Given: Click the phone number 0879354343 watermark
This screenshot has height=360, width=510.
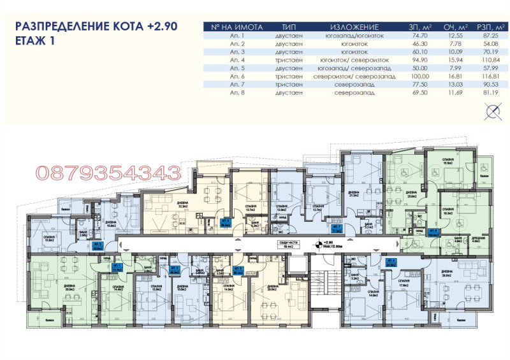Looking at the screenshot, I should [108, 172].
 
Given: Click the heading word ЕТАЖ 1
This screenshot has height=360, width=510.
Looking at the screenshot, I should [36, 40].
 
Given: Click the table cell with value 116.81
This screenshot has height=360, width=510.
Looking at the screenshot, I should [486, 76].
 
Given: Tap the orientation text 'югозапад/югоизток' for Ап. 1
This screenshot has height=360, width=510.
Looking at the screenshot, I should [355, 36].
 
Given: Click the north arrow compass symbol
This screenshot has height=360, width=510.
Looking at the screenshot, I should [492, 113].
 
